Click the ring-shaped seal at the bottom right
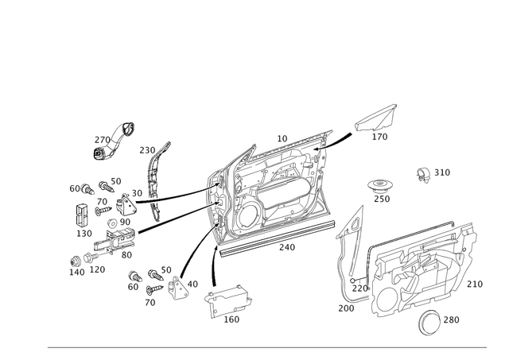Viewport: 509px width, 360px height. tap(433, 320)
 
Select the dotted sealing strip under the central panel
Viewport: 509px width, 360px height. tap(270, 242)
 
